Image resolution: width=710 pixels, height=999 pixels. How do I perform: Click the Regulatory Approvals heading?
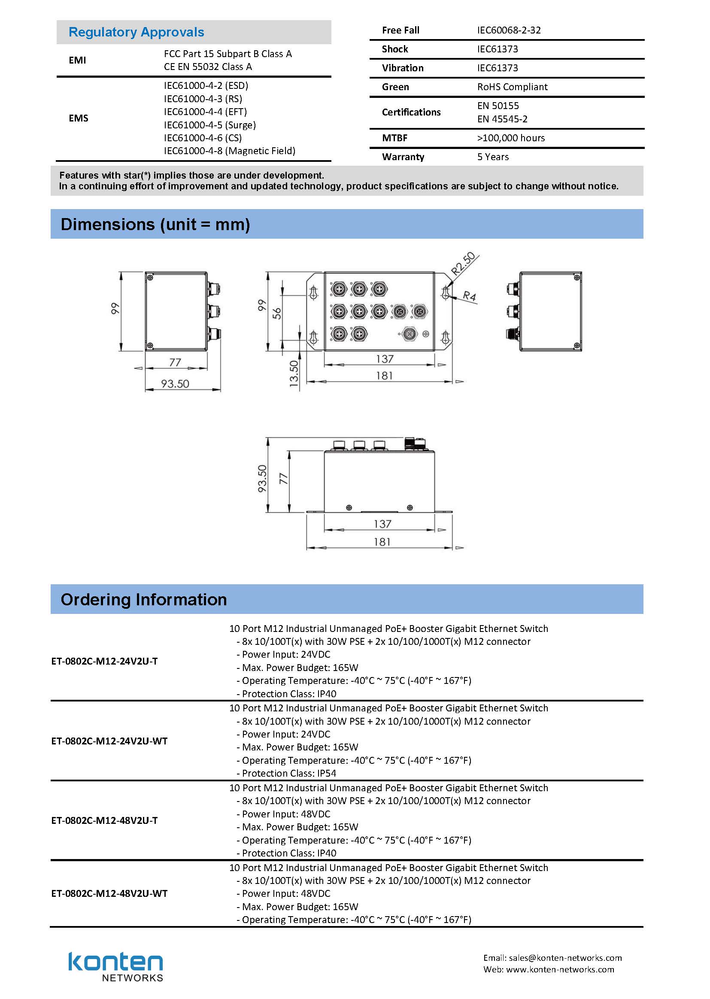coord(136,32)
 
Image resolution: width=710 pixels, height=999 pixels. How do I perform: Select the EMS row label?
coord(78,118)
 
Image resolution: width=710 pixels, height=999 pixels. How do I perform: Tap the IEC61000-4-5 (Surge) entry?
coord(210,125)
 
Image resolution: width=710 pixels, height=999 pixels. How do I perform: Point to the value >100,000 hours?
coord(511,138)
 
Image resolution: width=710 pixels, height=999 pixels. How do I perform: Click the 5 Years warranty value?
coord(493,157)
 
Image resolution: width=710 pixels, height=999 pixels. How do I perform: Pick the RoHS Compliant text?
coord(512,87)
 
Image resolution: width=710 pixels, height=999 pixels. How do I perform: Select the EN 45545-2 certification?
coord(502,119)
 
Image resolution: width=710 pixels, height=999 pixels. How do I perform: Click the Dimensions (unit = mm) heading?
coord(155,224)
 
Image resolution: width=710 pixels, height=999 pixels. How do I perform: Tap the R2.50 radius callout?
coord(463,263)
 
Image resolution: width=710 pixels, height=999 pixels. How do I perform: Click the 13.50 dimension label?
coord(294,373)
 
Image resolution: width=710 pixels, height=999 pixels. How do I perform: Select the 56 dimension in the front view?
coord(277,313)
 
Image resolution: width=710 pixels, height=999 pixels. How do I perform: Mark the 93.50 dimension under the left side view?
coord(175,384)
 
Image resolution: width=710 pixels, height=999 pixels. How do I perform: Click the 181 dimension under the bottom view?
coord(382,542)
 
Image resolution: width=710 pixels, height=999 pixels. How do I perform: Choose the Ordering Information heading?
coord(143,599)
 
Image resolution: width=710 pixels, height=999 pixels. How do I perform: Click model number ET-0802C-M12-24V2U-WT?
coord(109,741)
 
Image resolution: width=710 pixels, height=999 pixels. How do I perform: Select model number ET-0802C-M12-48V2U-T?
coord(104,821)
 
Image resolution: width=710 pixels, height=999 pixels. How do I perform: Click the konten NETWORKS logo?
coord(115,967)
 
